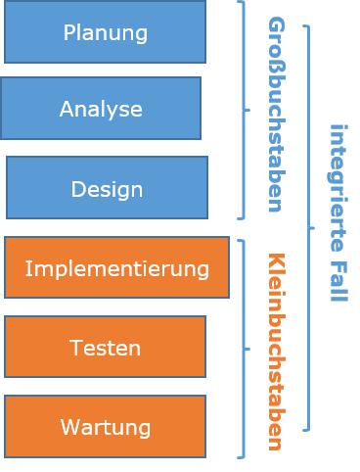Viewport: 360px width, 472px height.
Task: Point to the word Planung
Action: tap(106, 32)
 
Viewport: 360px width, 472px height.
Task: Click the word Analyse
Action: tap(101, 110)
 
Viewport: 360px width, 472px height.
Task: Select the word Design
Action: tap(107, 189)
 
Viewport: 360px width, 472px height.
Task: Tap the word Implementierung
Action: tap(116, 268)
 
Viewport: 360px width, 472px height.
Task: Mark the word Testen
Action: tap(105, 348)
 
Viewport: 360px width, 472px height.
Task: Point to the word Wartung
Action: tap(105, 428)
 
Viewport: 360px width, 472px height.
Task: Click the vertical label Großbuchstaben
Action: tap(275, 114)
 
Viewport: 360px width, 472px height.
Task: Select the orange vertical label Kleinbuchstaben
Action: tap(275, 351)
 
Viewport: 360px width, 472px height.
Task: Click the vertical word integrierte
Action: tap(337, 186)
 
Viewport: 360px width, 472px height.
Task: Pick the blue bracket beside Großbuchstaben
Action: tap(244, 110)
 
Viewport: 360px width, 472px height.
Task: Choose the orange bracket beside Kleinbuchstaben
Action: tap(244, 348)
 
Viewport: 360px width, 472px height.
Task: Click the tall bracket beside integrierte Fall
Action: tap(309, 227)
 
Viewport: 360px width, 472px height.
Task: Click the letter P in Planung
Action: tap(68, 32)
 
